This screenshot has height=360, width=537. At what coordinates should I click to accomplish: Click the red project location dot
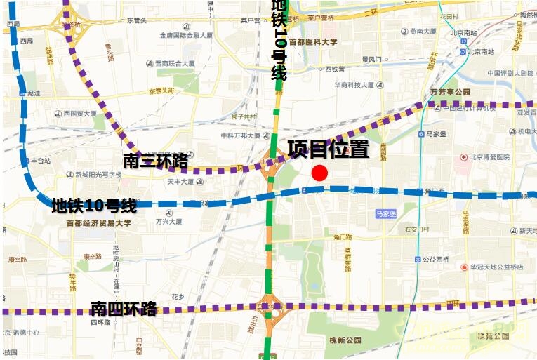(319, 173)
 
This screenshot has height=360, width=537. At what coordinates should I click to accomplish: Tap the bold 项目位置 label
(328, 149)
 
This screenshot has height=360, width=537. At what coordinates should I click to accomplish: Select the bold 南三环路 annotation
(155, 161)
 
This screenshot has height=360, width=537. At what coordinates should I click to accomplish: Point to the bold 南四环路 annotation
(124, 309)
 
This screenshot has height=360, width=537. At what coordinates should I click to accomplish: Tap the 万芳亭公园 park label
(450, 92)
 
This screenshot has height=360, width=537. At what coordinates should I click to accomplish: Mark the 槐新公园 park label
(345, 340)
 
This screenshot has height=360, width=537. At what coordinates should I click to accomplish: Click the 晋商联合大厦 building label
(175, 64)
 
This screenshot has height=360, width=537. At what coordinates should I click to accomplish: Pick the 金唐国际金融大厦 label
(186, 34)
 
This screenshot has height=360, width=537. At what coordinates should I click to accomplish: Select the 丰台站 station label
(39, 161)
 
